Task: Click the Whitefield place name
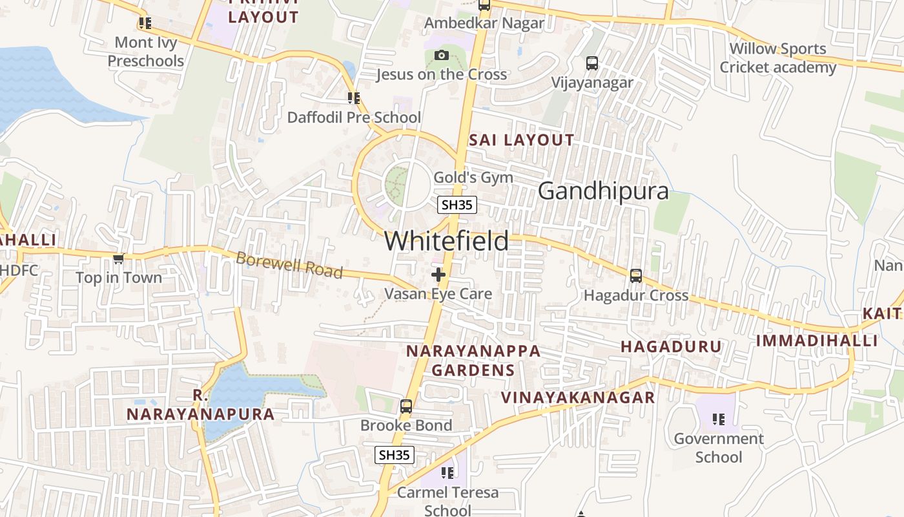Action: (x=446, y=241)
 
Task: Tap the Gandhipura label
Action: (x=603, y=191)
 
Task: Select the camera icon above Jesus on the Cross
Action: (x=442, y=56)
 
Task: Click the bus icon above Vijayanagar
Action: (x=591, y=63)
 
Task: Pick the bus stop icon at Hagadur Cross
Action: (x=636, y=276)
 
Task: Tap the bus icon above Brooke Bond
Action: (x=406, y=406)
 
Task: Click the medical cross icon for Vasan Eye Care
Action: (x=438, y=275)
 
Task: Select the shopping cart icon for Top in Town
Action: (x=118, y=258)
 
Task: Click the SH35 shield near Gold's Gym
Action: (x=457, y=205)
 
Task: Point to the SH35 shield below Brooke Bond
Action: (x=395, y=454)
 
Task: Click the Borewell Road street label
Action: (x=289, y=265)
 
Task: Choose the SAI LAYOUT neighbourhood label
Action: (x=521, y=140)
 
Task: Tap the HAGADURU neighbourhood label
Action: (x=671, y=346)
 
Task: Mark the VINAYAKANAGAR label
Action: (x=579, y=397)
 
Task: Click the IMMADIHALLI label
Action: (x=817, y=341)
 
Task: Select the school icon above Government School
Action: (x=719, y=419)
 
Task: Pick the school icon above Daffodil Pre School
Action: (x=353, y=98)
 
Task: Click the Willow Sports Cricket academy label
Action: (x=777, y=58)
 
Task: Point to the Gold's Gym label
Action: (x=473, y=177)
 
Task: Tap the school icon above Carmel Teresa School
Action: (x=447, y=473)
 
